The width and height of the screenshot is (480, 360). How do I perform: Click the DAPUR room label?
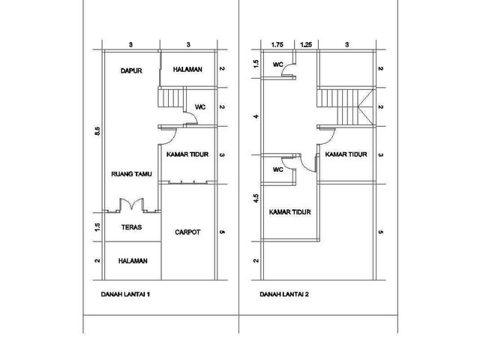pos(131,70)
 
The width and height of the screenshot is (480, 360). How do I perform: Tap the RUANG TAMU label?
pos(131,174)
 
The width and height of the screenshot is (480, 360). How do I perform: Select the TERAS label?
pos(132,227)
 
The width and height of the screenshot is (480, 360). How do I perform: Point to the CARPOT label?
pos(187,232)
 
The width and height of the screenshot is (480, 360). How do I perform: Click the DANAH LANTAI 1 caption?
pos(125,295)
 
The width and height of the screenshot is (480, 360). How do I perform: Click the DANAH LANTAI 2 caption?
pos(284,295)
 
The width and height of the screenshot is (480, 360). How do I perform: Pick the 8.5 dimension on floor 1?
pos(97,131)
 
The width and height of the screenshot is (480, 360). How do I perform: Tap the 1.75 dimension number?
pos(277,45)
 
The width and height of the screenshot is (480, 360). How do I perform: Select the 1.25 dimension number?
pos(306,45)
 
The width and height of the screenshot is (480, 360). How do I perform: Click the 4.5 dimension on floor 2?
pos(256,198)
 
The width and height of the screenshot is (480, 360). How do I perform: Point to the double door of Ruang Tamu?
pos(132,205)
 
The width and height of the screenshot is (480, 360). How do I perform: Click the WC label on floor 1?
pos(200,107)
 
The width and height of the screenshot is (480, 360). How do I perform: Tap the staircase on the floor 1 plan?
pos(172,97)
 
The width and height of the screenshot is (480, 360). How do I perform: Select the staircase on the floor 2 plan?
pos(345,106)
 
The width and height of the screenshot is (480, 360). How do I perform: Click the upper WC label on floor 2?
pos(278,64)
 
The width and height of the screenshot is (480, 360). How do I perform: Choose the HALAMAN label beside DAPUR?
pos(187,70)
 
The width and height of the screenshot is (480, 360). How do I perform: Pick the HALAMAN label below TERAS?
pos(133,261)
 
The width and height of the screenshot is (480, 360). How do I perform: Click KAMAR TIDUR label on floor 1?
pos(187,154)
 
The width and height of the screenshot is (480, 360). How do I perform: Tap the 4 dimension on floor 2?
pos(256,116)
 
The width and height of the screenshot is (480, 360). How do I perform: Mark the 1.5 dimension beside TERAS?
pos(97,227)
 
